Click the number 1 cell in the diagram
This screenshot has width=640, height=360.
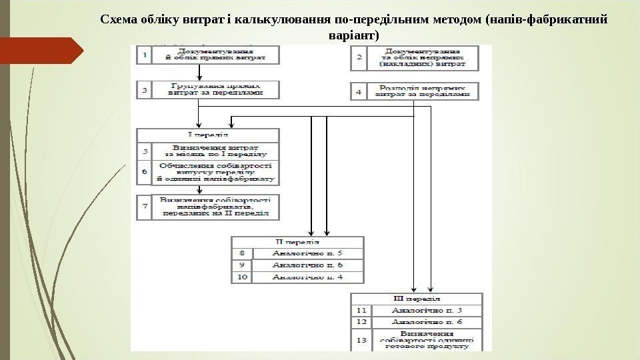(144, 56)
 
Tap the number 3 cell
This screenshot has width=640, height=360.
(144, 89)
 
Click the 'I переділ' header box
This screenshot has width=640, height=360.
(208, 135)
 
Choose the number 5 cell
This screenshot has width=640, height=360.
(144, 151)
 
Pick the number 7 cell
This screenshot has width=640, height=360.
(144, 207)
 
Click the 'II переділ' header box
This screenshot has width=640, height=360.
(297, 241)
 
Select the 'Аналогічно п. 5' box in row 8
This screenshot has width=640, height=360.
(308, 253)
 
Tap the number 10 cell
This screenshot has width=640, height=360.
(242, 277)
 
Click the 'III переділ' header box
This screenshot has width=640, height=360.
(417, 298)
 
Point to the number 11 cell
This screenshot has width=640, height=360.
(361, 310)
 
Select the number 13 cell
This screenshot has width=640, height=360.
(361, 340)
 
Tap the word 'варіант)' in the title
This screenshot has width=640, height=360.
(353, 34)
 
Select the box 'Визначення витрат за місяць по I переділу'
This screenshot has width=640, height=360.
(215, 151)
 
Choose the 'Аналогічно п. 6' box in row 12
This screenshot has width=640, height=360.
(427, 321)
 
